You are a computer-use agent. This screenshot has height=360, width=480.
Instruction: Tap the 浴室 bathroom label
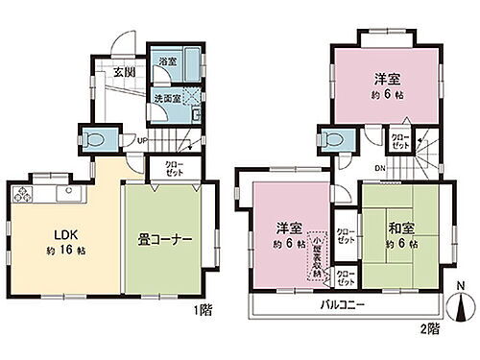(x=166, y=60)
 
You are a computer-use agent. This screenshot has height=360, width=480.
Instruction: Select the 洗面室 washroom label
(x=167, y=97)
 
